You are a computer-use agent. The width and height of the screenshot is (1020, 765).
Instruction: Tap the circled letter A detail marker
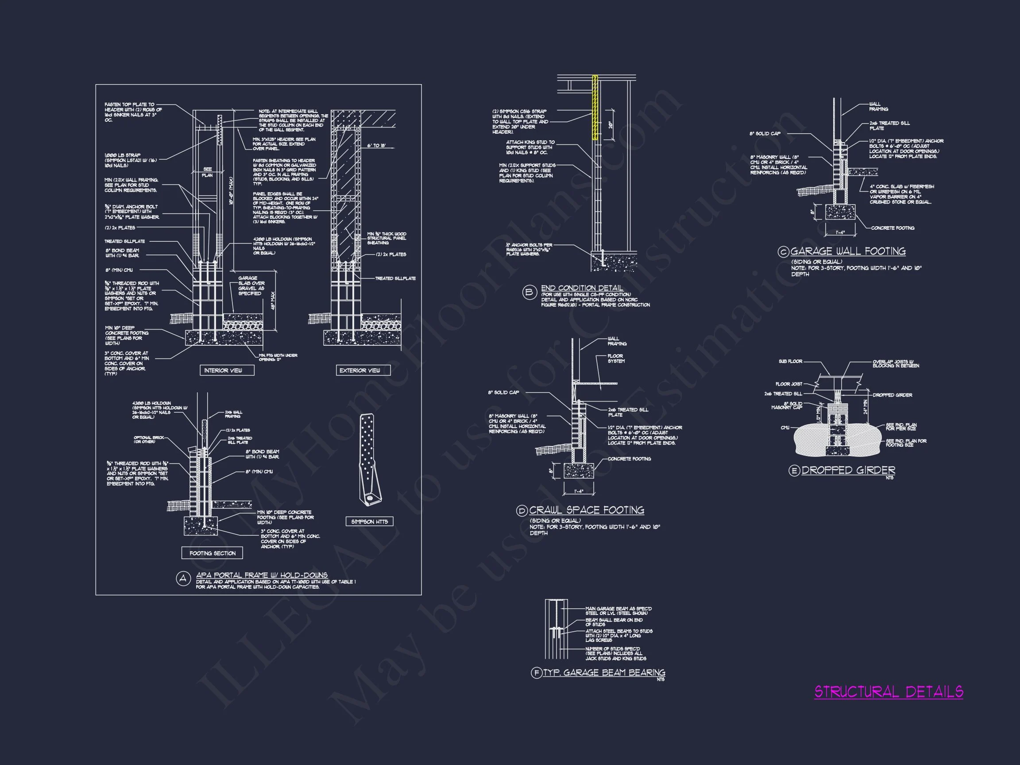tap(184, 579)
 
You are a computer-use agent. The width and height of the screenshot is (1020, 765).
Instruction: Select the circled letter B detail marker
tap(529, 292)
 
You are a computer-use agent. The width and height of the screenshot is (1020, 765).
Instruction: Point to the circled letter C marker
tap(783, 252)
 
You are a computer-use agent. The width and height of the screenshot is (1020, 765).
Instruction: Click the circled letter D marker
tap(522, 511)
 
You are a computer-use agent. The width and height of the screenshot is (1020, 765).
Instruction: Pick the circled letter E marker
tap(794, 471)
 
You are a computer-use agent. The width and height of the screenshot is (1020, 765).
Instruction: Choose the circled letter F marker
tap(536, 673)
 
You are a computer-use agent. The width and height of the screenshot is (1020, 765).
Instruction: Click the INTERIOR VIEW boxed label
tap(226, 370)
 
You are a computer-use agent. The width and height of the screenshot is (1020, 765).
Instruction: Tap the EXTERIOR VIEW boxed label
tap(363, 370)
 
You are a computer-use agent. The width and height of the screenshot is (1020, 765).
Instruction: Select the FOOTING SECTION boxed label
tap(212, 553)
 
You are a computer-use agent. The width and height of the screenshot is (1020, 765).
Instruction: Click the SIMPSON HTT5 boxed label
tap(369, 522)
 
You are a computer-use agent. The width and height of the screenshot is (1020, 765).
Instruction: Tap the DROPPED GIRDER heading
tap(849, 470)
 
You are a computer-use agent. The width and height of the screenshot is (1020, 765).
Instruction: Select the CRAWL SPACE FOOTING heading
tap(587, 510)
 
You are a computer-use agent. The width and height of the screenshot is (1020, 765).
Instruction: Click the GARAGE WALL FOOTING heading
tap(848, 251)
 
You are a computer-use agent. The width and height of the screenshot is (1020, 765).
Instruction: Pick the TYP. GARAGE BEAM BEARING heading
tap(604, 673)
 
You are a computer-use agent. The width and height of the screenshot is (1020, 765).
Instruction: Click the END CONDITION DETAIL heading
tap(582, 288)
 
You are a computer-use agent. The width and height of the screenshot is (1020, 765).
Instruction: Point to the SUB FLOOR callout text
tap(790, 362)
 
